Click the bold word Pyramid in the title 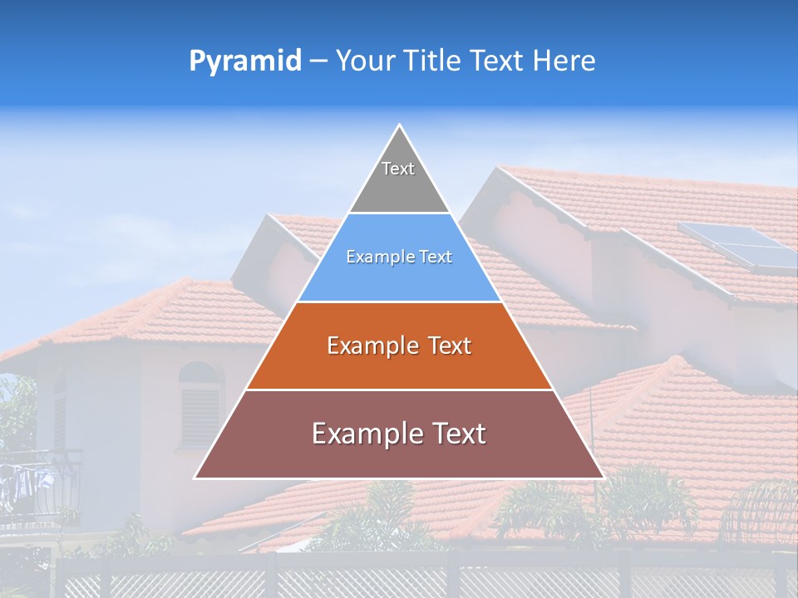point(244,61)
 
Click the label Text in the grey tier point(398,169)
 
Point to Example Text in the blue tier point(399,257)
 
